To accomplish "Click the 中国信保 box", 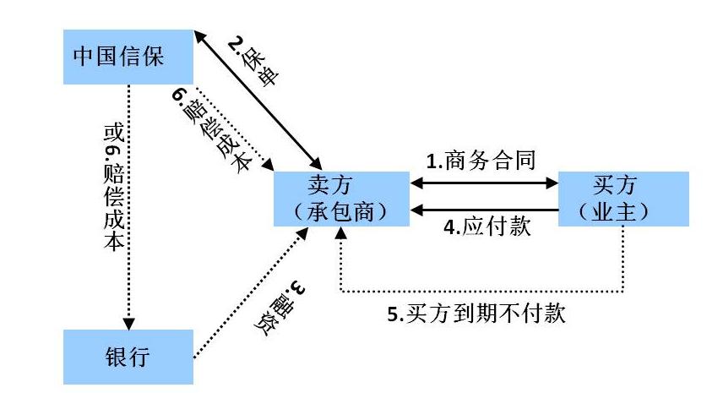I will pos(129,57).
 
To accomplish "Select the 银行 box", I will pos(129,357).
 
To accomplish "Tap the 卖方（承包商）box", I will pos(341,199).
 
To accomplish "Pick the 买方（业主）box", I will pos(624,199).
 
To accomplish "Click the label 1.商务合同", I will pos(479,160).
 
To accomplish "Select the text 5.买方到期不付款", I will pos(476,314).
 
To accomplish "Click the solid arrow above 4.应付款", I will pos(485,209).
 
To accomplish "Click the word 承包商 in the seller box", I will pos(341,211).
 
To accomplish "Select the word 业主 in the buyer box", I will pos(624,211).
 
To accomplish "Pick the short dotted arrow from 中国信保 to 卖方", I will pos(232,127).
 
